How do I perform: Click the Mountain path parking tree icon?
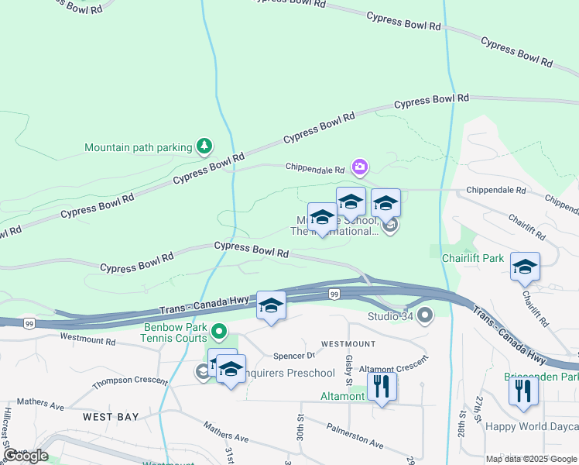(204, 146)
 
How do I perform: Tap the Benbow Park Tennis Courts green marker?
(219, 332)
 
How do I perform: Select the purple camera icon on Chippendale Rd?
(359, 166)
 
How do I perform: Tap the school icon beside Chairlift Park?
(526, 267)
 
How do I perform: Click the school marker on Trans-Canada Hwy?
(271, 305)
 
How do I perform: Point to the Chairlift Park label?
(473, 257)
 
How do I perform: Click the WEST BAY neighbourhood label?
(111, 417)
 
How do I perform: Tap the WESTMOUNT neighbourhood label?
(348, 343)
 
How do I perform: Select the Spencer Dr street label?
(294, 356)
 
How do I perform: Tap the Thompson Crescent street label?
(129, 382)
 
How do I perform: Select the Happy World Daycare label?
(532, 426)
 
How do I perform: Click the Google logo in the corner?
(26, 456)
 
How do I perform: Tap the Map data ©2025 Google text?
(532, 459)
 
